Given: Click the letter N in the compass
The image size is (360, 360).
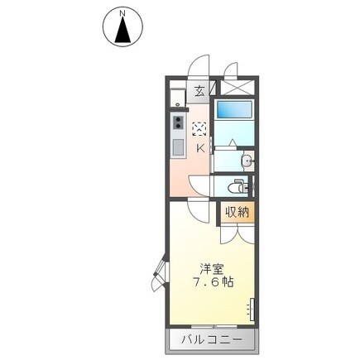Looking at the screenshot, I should click(122, 14).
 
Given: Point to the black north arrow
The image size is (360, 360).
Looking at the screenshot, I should click(122, 31).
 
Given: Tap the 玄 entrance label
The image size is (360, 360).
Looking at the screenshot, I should click(200, 92).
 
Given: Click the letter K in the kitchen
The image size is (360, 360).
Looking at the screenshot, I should click(200, 148).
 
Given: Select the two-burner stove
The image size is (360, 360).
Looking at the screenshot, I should click(176, 124).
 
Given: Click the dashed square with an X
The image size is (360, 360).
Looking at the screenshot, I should click(199, 128).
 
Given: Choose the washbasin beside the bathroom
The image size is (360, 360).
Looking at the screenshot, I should click(246, 160).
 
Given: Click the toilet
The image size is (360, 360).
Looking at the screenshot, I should click(239, 185).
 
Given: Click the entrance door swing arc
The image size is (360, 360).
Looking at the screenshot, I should click(199, 65).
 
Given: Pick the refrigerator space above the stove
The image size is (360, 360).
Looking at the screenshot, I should click(175, 96).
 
